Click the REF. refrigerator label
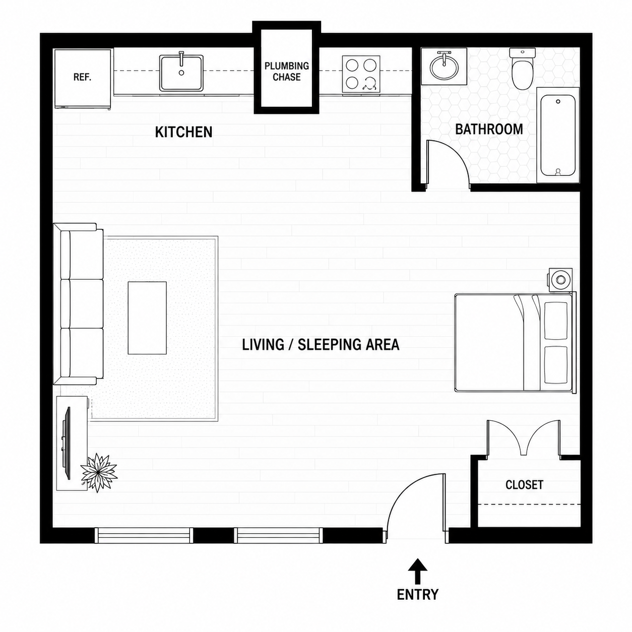point(82,78)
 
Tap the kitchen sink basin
point(181,73)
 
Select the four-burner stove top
point(361,74)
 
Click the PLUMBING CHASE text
point(287,72)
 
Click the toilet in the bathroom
point(522,69)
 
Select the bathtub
point(557,135)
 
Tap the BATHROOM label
point(489,129)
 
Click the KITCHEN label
point(183,132)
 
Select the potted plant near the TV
point(99,473)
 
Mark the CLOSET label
point(524,485)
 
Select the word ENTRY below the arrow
point(417,594)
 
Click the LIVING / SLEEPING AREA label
point(321,345)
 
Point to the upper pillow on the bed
point(555,321)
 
